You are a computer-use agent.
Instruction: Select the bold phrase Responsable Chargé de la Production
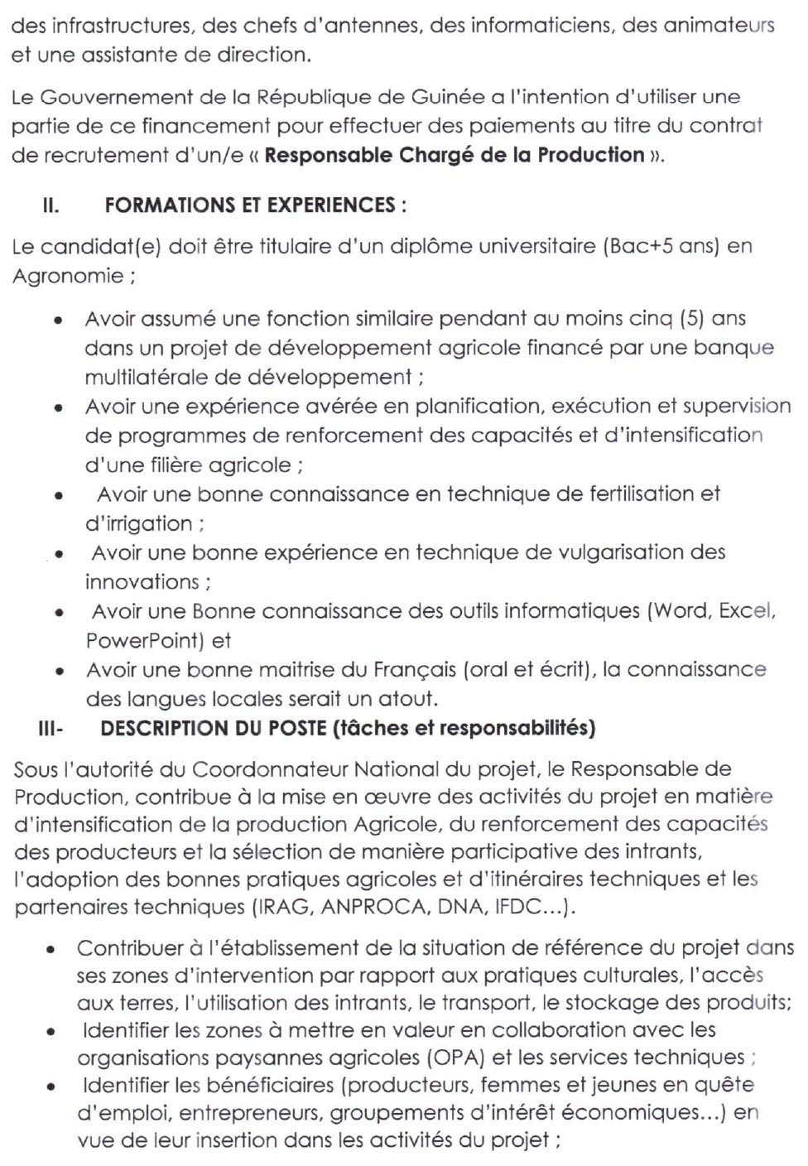click(454, 156)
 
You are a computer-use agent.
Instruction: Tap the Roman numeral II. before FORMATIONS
click(50, 206)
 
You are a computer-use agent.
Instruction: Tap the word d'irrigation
click(138, 523)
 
